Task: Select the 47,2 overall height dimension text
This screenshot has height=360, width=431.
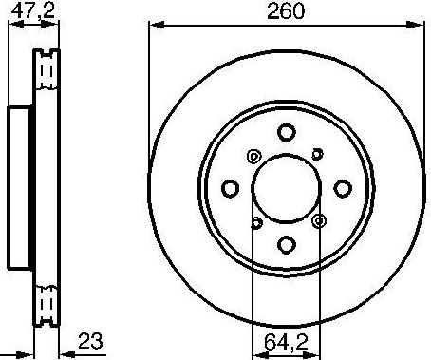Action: point(27,11)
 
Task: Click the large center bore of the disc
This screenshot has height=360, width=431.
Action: point(285,188)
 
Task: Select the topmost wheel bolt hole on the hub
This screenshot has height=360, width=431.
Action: point(286,133)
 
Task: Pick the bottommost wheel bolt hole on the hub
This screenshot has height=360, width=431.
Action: point(285,244)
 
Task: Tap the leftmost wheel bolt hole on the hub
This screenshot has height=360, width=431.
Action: point(230,188)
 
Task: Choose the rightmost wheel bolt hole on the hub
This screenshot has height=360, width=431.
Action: point(342,188)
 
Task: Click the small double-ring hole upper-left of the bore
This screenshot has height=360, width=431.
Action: point(253,157)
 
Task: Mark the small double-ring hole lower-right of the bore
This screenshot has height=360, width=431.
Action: point(317,220)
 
